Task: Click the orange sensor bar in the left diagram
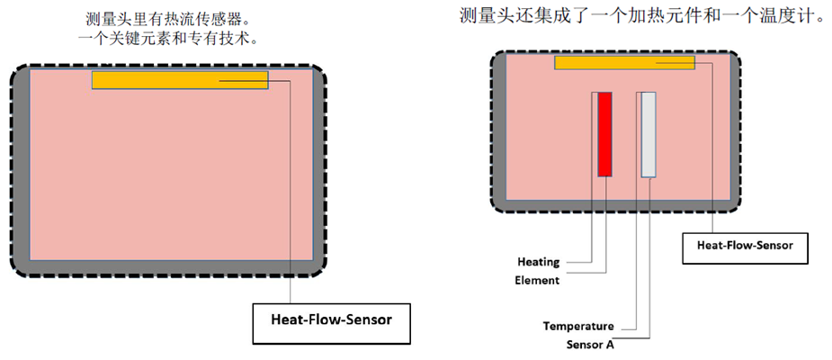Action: pyautogui.click(x=180, y=80)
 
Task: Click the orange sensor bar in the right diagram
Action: pyautogui.click(x=624, y=62)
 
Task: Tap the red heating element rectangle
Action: pyautogui.click(x=604, y=133)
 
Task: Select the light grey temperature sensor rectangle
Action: pyautogui.click(x=648, y=133)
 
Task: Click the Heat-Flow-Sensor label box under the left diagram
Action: pyautogui.click(x=332, y=319)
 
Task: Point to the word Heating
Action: pyautogui.click(x=538, y=262)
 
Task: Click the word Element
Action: pyautogui.click(x=538, y=280)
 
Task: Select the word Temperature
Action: pyautogui.click(x=578, y=326)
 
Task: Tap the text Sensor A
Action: pyautogui.click(x=590, y=343)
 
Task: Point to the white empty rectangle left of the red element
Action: pyautogui.click(x=594, y=133)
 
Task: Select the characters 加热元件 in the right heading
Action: pyautogui.click(x=669, y=16)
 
